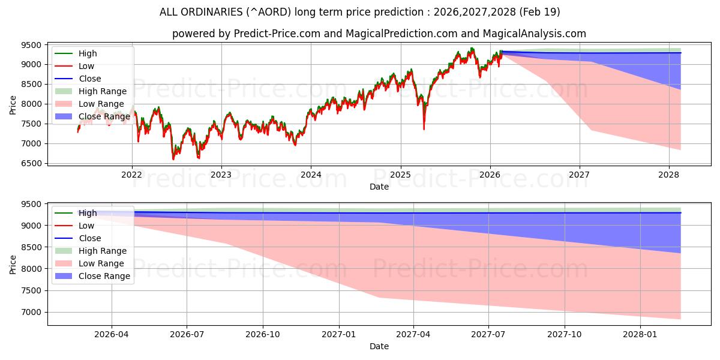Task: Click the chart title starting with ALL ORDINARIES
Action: (x=359, y=12)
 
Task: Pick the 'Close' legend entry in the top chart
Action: (x=90, y=79)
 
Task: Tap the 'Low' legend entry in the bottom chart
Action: (x=86, y=226)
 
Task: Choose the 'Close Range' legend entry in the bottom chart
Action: (x=104, y=276)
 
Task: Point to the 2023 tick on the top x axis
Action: (x=221, y=175)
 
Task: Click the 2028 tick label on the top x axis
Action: (x=669, y=175)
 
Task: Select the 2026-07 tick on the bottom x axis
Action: (x=187, y=334)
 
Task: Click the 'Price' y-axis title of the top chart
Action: (x=13, y=105)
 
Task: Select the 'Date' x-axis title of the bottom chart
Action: (x=379, y=346)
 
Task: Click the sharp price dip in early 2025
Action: (x=424, y=128)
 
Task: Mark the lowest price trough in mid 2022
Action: (x=173, y=159)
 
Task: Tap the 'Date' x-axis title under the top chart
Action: (x=379, y=187)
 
